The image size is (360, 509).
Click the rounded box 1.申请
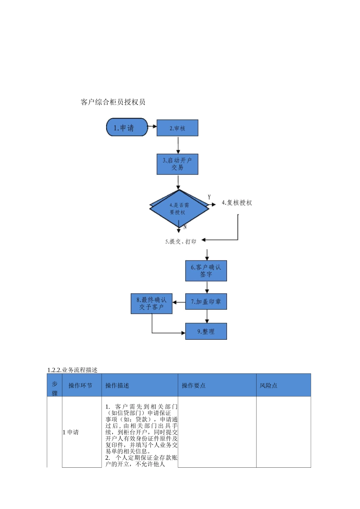point(127,127)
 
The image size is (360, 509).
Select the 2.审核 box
point(177,128)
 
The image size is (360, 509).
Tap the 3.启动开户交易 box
point(177,164)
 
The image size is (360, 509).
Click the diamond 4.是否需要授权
point(179,208)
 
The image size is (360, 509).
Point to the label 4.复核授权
point(237,203)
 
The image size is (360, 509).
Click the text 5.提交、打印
point(181,241)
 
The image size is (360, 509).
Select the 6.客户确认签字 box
point(206,271)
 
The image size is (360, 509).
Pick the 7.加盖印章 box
point(206,301)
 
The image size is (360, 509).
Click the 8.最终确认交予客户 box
point(152,304)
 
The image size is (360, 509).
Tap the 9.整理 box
point(206,331)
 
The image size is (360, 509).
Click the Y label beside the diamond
point(209,197)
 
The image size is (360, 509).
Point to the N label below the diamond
point(185,227)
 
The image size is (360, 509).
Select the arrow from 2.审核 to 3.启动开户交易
point(178,145)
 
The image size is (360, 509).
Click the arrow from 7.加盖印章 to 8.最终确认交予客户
point(179,302)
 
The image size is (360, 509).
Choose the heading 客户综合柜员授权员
point(113,102)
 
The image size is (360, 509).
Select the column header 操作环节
point(80,386)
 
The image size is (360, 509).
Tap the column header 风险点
point(268,386)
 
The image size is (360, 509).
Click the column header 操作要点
point(194,386)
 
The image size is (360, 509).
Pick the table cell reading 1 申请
point(71,432)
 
